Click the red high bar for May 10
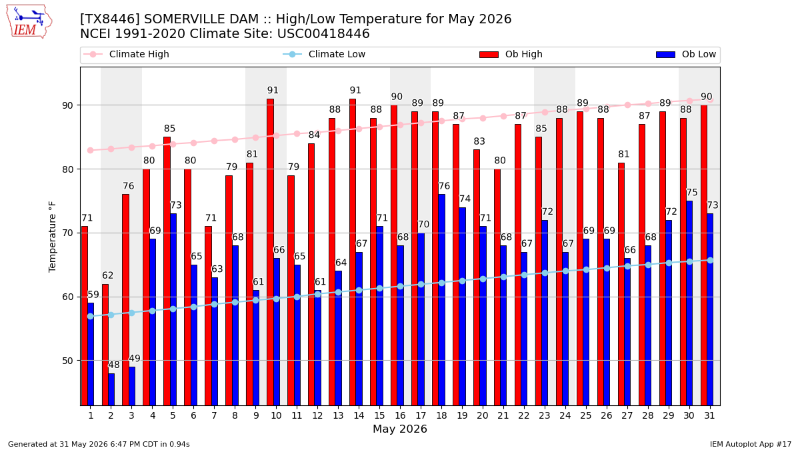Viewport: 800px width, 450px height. point(270,252)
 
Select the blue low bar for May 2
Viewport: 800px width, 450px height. point(111,389)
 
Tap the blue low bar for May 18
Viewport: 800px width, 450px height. point(442,300)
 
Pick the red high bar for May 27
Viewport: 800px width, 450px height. point(621,284)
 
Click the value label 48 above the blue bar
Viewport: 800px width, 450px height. point(114,365)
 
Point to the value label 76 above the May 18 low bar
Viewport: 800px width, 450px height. point(444,186)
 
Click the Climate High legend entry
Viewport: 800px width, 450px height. point(126,54)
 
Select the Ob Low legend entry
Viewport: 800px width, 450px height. point(686,54)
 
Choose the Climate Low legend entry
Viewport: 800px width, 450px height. point(324,54)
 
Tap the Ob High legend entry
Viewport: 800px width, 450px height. point(511,54)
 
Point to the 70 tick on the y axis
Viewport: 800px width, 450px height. point(67,233)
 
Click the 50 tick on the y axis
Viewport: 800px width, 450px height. point(67,361)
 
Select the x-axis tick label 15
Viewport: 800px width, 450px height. point(379,415)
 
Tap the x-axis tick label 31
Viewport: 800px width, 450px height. point(709,415)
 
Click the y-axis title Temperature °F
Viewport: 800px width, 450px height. point(52,237)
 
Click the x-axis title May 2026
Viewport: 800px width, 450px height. point(400,429)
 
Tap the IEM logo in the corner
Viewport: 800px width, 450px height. point(29,21)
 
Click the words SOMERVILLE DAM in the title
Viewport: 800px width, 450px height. point(201,19)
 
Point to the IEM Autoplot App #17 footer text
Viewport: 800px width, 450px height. point(751,444)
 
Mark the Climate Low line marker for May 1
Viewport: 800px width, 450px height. point(91,317)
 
